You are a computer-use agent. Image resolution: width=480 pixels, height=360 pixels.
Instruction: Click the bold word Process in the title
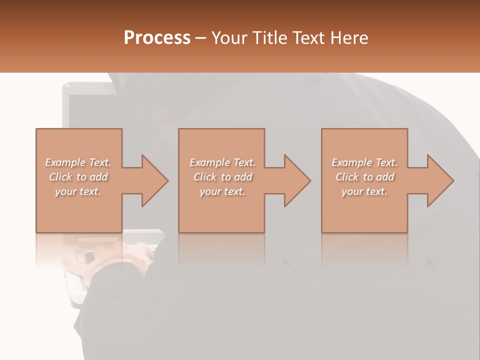pyautogui.click(x=157, y=38)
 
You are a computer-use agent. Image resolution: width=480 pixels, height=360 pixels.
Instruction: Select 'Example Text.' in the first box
pyautogui.click(x=78, y=162)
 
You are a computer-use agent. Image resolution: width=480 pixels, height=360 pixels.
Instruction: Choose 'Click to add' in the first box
pyautogui.click(x=78, y=177)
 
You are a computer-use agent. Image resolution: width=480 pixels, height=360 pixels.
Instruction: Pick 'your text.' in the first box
pyautogui.click(x=78, y=191)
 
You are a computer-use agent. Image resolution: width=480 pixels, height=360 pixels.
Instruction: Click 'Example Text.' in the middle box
pyautogui.click(x=222, y=162)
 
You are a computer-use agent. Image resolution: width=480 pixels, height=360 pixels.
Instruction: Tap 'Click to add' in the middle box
pyautogui.click(x=222, y=177)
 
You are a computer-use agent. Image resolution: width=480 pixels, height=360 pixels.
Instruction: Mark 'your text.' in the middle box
pyautogui.click(x=222, y=191)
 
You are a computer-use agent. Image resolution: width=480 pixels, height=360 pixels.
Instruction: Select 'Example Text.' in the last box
pyautogui.click(x=364, y=162)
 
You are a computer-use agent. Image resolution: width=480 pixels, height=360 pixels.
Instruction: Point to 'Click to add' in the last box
pyautogui.click(x=364, y=177)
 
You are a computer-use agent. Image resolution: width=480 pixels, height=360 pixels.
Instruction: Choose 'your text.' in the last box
pyautogui.click(x=364, y=191)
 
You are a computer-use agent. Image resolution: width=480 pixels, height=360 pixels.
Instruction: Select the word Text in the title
pyautogui.click(x=307, y=38)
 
